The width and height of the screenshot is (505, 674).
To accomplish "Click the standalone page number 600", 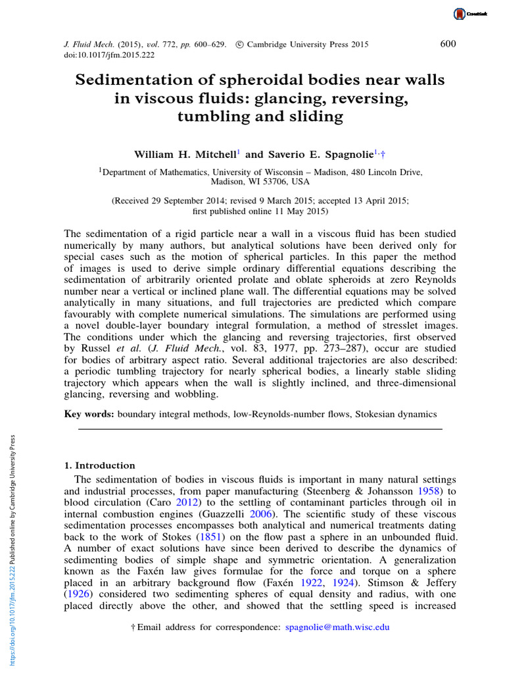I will coord(448,44).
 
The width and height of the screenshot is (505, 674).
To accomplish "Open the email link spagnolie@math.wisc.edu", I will coord(337,627).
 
